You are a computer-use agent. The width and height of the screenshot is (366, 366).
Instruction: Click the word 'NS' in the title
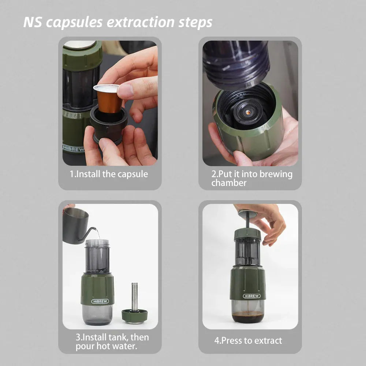tap(33, 22)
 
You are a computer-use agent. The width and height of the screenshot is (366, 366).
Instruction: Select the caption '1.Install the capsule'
tap(109, 174)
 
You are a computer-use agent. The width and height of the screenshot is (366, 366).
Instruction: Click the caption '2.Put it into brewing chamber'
tap(252, 178)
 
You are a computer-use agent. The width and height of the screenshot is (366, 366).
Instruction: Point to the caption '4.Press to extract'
tap(248, 340)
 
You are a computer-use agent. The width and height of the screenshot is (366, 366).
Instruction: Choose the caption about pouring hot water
tap(112, 341)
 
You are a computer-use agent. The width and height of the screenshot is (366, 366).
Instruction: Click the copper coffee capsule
tap(109, 99)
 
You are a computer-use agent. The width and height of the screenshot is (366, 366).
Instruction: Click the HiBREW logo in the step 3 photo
tap(100, 301)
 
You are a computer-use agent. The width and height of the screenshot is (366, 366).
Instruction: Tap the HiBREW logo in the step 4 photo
tap(252, 296)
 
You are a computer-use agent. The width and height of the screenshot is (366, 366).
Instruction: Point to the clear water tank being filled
tap(97, 256)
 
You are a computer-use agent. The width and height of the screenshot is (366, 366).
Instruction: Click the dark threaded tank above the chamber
tap(236, 60)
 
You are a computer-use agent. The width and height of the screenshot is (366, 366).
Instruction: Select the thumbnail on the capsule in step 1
tap(125, 91)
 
